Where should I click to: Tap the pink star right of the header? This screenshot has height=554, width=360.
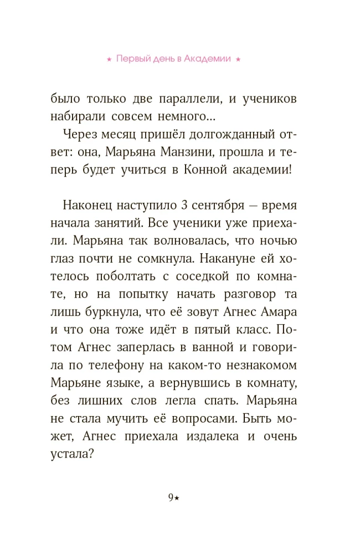(x=238, y=59)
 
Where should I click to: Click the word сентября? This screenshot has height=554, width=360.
(x=217, y=205)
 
